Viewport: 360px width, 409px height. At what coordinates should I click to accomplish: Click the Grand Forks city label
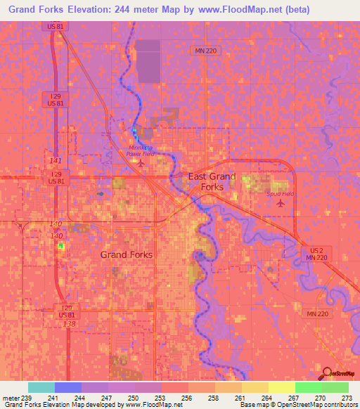click(127, 254)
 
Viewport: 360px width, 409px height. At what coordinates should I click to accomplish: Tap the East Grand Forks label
click(212, 182)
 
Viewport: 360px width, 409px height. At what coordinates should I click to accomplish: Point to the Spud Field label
click(279, 193)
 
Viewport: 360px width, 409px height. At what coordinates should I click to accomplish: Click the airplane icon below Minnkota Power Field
click(140, 164)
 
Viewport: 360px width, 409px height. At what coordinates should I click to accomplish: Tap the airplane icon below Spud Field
click(282, 204)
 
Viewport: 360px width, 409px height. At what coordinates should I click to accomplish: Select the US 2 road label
click(315, 250)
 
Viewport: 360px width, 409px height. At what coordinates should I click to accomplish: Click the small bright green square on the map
click(61, 246)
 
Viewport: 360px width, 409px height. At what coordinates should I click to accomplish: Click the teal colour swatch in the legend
click(41, 387)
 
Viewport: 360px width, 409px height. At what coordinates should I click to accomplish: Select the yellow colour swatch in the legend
click(282, 387)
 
